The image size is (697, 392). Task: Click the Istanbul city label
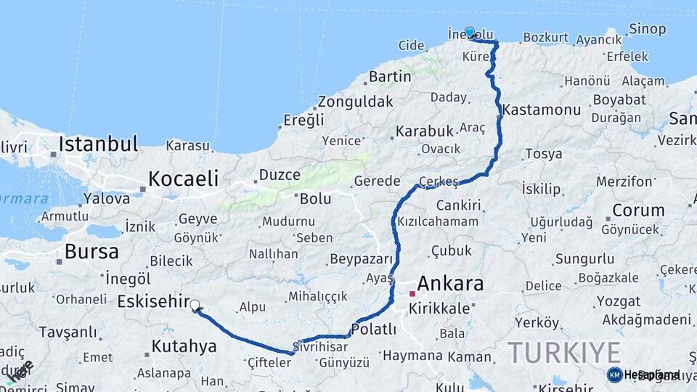coord(98,143)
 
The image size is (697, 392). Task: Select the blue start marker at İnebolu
coord(470,32)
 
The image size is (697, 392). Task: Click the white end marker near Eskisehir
coord(195,306)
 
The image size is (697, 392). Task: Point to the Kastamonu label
coord(542,110)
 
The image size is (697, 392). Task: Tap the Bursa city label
coord(91,251)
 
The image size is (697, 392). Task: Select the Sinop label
coord(648,29)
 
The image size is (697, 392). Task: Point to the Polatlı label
coord(373,329)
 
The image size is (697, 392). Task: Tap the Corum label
coord(638,211)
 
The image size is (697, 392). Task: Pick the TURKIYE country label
coord(564,352)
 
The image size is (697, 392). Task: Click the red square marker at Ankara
coord(412,294)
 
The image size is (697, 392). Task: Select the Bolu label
coord(315,198)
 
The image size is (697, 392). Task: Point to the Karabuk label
coord(424,131)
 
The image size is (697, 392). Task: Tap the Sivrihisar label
coord(322,347)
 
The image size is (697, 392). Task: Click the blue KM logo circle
coord(614,375)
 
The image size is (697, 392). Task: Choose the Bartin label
coord(390,76)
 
